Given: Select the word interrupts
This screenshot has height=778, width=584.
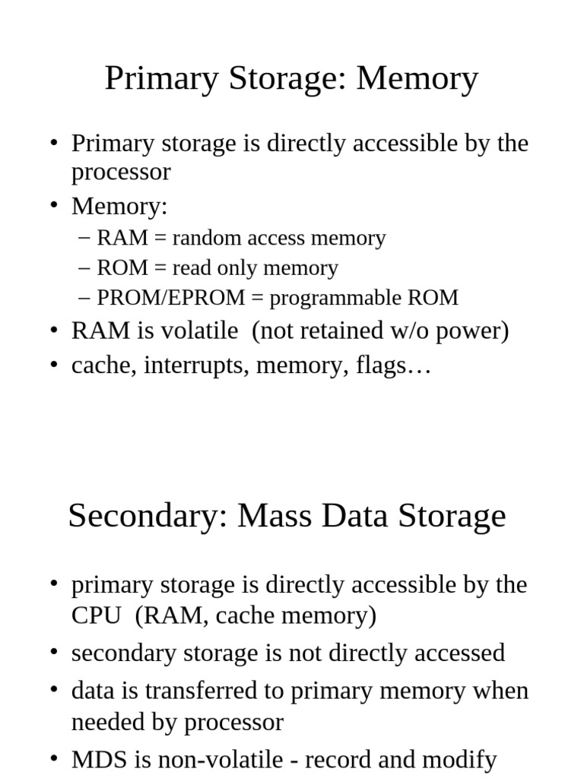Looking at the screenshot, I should [197, 366].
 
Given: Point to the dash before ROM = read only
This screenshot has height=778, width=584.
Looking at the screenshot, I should [84, 268].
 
